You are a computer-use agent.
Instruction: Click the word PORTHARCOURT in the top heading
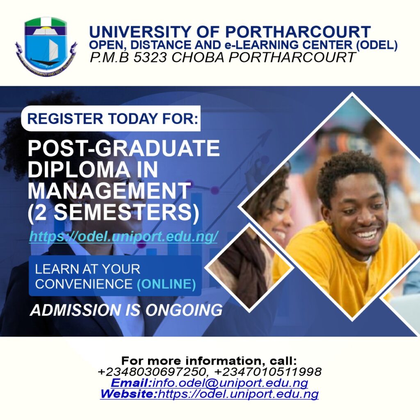click(x=298, y=32)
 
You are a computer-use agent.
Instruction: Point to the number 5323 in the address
click(x=150, y=57)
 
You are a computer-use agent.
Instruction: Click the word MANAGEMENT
click(x=109, y=191)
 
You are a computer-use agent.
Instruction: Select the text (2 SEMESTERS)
click(x=114, y=212)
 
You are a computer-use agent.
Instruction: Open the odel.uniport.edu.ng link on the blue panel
click(x=123, y=237)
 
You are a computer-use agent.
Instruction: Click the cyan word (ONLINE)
click(x=167, y=284)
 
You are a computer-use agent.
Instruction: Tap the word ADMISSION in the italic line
click(x=75, y=310)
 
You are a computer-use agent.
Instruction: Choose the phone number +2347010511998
click(x=268, y=372)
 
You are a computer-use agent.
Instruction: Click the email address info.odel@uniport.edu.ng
click(x=230, y=383)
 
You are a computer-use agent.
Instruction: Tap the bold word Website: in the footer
click(x=129, y=394)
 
